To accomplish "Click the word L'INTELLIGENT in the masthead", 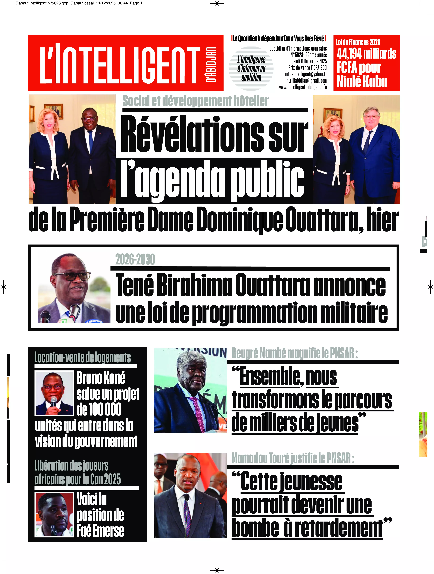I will (120, 65).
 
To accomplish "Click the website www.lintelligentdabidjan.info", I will (302, 87).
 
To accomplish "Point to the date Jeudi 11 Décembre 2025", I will (309, 61).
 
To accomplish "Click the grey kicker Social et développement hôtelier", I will (195, 101).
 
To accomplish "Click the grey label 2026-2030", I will (135, 259).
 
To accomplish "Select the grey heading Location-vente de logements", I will (83, 358).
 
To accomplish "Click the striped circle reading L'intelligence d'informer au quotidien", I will (251, 69).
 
